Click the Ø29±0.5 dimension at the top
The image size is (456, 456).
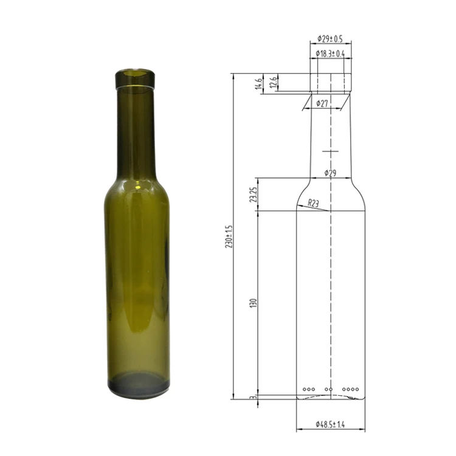coord(330,39)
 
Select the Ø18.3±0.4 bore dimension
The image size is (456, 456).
coord(330,54)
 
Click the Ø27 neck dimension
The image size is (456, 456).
coord(323,104)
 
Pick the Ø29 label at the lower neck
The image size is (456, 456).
coord(331,173)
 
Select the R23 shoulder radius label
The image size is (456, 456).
coord(314,203)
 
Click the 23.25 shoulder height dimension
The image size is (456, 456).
coord(252,194)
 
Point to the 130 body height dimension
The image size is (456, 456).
coord(252,302)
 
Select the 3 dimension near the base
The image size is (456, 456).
coord(252,397)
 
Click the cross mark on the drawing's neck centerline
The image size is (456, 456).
coord(330,151)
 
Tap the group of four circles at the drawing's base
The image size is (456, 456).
coord(351,389)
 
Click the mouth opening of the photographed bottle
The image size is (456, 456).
coord(135,74)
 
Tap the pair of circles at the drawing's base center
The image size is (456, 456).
coord(329,389)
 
